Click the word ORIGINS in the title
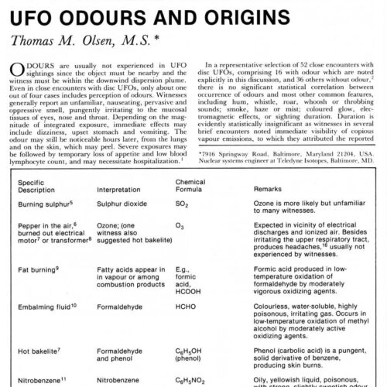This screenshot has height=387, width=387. click(237, 12)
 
